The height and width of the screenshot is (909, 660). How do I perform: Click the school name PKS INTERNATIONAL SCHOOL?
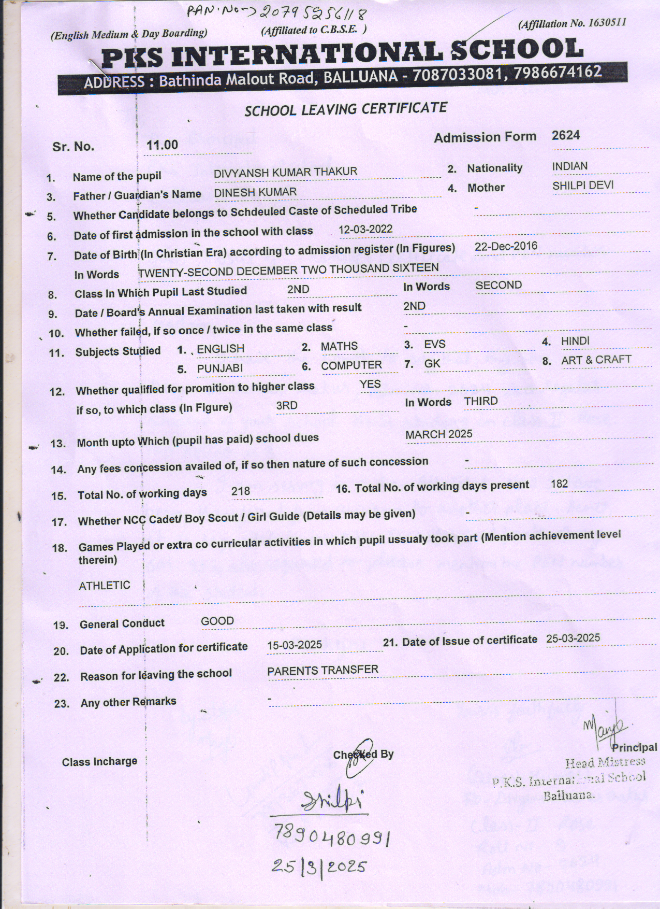(x=342, y=53)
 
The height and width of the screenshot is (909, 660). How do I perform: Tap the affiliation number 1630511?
(x=605, y=22)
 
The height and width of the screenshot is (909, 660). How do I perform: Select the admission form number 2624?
(x=566, y=135)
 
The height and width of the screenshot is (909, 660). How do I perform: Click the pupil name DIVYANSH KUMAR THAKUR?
(x=285, y=172)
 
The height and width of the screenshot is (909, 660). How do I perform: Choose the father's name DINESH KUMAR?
(x=256, y=192)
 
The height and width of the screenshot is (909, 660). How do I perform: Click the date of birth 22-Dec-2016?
(x=506, y=246)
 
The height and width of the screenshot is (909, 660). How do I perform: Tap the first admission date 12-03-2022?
(x=365, y=229)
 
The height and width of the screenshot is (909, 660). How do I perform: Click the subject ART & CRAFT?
(x=596, y=360)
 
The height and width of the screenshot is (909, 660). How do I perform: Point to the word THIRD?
(x=481, y=401)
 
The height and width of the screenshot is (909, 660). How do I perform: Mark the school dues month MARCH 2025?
(x=439, y=434)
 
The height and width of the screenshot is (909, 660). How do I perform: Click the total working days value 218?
(x=241, y=491)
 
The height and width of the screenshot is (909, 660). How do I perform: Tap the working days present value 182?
(x=560, y=484)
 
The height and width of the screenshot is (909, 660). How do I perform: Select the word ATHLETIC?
(x=104, y=586)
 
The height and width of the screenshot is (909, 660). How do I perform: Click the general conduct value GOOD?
(x=217, y=621)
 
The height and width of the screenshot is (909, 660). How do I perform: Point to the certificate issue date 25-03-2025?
(x=573, y=638)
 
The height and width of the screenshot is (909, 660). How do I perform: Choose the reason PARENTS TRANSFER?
(x=322, y=671)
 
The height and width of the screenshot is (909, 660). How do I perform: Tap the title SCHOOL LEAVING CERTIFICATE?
(x=345, y=109)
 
